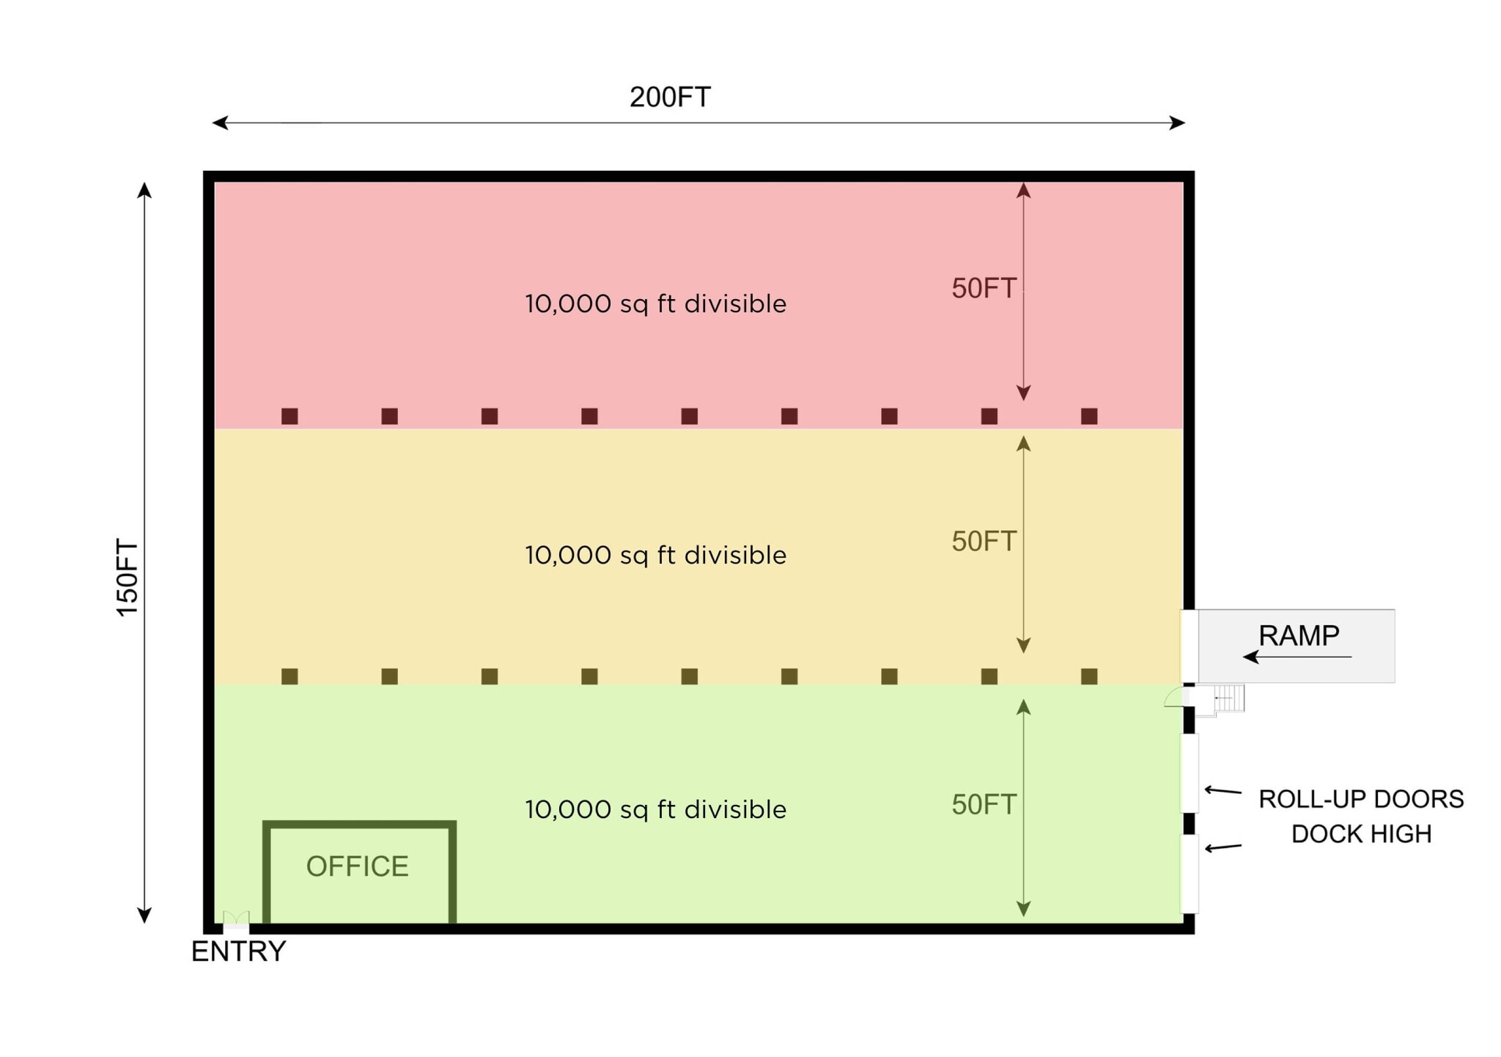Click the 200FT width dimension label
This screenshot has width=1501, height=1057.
click(x=670, y=97)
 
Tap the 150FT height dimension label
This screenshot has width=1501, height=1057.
click(x=128, y=578)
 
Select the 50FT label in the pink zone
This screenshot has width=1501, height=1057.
click(x=984, y=288)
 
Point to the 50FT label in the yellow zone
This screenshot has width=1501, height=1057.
click(x=984, y=541)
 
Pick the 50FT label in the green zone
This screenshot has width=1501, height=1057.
click(x=984, y=804)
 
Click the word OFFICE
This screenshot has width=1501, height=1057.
click(x=357, y=866)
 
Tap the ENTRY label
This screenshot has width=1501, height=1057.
click(x=238, y=951)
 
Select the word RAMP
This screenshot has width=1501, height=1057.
click(x=1299, y=635)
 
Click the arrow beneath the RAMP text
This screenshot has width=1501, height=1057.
click(x=1297, y=657)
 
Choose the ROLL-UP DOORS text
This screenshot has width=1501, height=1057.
click(x=1361, y=798)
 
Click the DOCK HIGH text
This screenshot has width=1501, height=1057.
click(x=1361, y=833)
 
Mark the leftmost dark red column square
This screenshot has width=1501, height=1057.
click(x=289, y=416)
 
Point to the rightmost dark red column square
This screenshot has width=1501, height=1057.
click(x=1089, y=416)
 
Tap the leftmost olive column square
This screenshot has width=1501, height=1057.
click(x=289, y=676)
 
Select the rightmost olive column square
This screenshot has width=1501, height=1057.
click(x=1089, y=676)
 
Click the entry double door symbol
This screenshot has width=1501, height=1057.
click(x=236, y=918)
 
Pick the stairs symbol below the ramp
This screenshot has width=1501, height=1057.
click(x=1230, y=698)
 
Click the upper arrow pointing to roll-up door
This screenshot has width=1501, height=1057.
click(x=1223, y=791)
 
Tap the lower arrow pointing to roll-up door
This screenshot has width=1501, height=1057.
click(x=1223, y=848)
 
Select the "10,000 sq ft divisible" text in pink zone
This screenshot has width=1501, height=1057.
click(x=655, y=303)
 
